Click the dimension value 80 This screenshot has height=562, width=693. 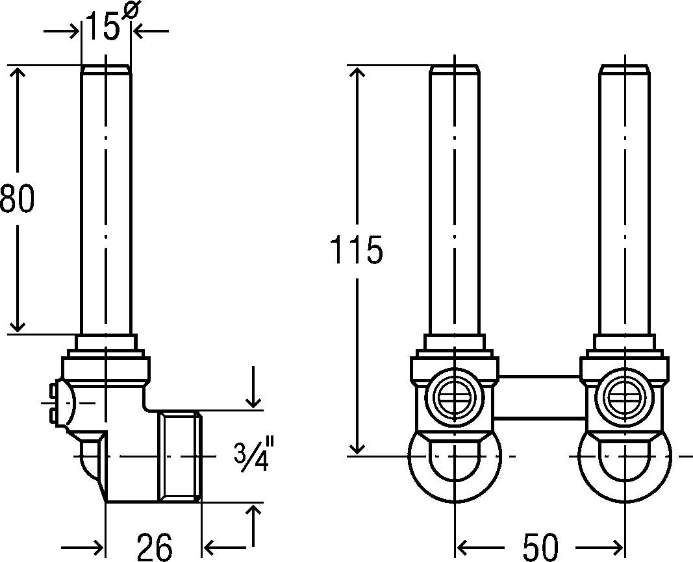coord(17,199)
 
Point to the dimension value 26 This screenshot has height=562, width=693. coord(154,547)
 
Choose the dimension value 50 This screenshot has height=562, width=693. coord(541,547)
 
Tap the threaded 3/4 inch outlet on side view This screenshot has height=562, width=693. coord(180,456)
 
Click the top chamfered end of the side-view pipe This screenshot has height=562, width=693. coord(106,69)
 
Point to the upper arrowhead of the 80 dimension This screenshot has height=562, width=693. coord(18,72)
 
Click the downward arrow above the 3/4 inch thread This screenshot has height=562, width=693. coord(253,387)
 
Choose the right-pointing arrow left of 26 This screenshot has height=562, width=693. coord(82,548)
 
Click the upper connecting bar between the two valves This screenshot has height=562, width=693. coord(539,376)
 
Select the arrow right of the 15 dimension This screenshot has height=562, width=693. coord(150,31)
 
